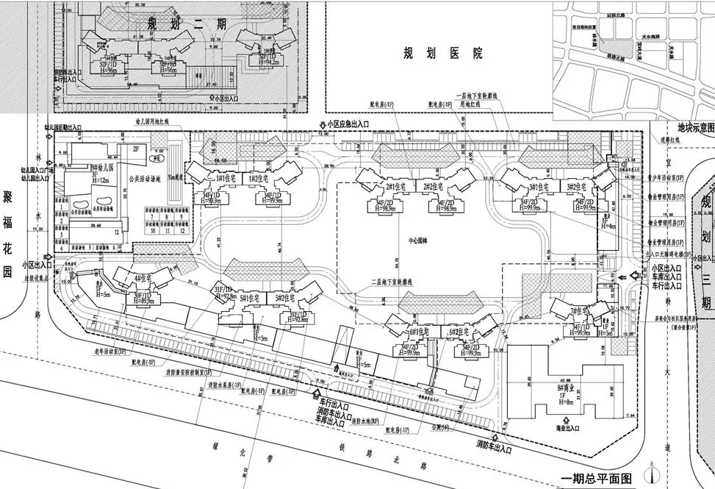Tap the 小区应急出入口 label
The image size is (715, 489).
click(x=348, y=124)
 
